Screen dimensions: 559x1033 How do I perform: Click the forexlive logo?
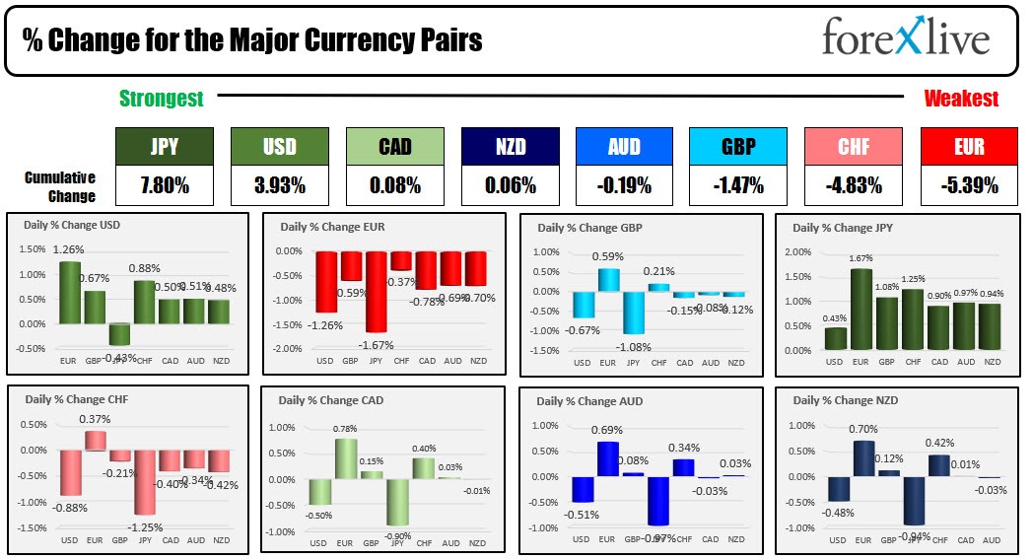(x=905, y=38)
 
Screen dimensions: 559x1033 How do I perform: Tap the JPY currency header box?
(x=164, y=147)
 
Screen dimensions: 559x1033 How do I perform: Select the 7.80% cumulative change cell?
(x=164, y=184)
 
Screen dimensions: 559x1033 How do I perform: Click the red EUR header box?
(x=969, y=147)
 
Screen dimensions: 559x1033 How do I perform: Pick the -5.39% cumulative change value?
(x=969, y=184)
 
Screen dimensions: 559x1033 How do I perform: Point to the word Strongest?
(x=162, y=99)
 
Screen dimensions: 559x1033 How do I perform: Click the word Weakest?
(x=961, y=99)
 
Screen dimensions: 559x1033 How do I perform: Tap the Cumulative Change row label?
(x=60, y=186)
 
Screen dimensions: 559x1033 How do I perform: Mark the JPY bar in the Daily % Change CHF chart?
(x=144, y=482)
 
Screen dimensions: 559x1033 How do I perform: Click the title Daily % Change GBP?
(x=589, y=228)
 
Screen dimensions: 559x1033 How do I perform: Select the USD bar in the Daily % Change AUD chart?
(x=582, y=489)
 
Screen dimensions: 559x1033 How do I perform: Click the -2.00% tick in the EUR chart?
(x=288, y=349)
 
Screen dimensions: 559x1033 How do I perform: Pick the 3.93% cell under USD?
(x=279, y=184)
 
